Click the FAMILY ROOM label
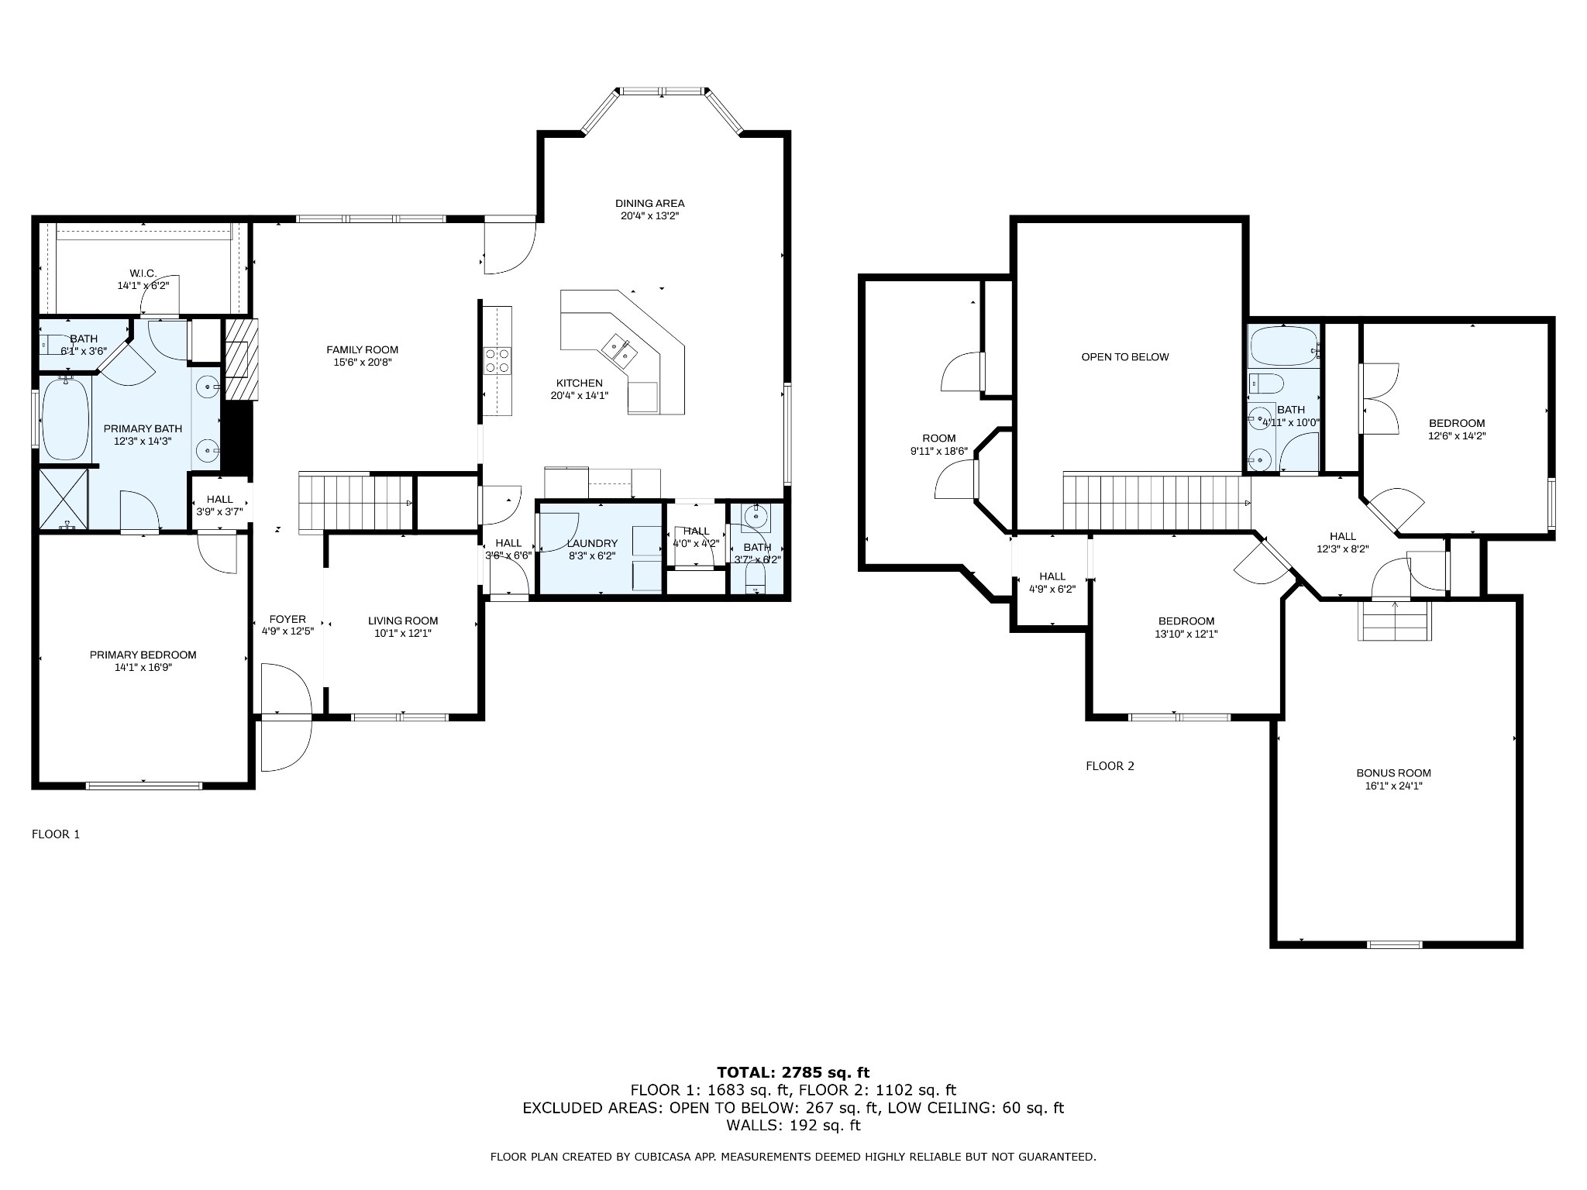point(362,349)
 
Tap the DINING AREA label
point(649,204)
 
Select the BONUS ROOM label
point(1393,772)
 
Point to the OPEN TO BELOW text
point(1125,357)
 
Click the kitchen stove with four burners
point(497,361)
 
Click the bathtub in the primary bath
point(65,418)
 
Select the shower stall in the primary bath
point(64,498)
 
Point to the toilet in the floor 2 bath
point(1265,383)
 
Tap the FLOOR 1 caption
point(56,834)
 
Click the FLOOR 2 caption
point(1110,766)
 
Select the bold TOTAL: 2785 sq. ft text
point(793,1073)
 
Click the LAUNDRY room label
point(592,544)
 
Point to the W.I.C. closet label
point(143,273)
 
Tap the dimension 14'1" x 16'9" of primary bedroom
point(143,667)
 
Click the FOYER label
point(287,620)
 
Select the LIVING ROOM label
point(403,621)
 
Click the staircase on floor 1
point(356,501)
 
